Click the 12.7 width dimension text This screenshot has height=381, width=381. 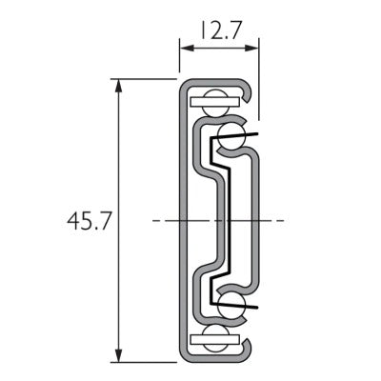point(220,30)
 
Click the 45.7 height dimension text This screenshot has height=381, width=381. point(90,221)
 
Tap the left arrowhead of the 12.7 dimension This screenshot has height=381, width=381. point(187,49)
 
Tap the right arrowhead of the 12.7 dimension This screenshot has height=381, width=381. point(252,49)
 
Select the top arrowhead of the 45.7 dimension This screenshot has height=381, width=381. point(118,86)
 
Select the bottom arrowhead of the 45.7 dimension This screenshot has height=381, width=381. point(118,354)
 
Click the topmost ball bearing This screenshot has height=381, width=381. point(215,104)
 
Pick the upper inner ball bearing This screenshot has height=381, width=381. point(231,137)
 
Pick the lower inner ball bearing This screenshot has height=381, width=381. point(231,304)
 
